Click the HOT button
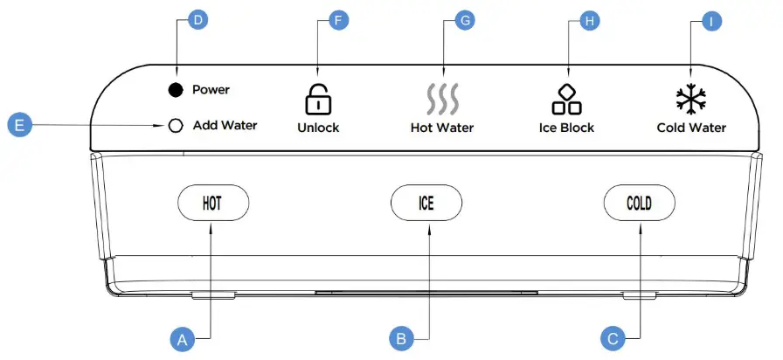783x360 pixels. pos(212,204)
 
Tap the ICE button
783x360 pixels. pos(426,204)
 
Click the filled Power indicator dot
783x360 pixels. pos(176,90)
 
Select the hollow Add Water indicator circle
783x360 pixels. pos(176,126)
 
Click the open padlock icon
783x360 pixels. pos(317,100)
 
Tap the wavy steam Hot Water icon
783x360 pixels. pos(442,100)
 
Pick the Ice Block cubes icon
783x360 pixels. pos(566,100)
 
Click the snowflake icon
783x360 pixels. pos(691,100)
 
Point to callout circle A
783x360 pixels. pos(183,338)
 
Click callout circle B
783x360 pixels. pos(400,338)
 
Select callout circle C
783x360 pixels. pos(612,338)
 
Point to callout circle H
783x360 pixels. pos(589,19)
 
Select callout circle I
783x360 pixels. pos(714,19)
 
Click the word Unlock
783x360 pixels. pos(318,128)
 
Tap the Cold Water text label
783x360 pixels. pos(691,128)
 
